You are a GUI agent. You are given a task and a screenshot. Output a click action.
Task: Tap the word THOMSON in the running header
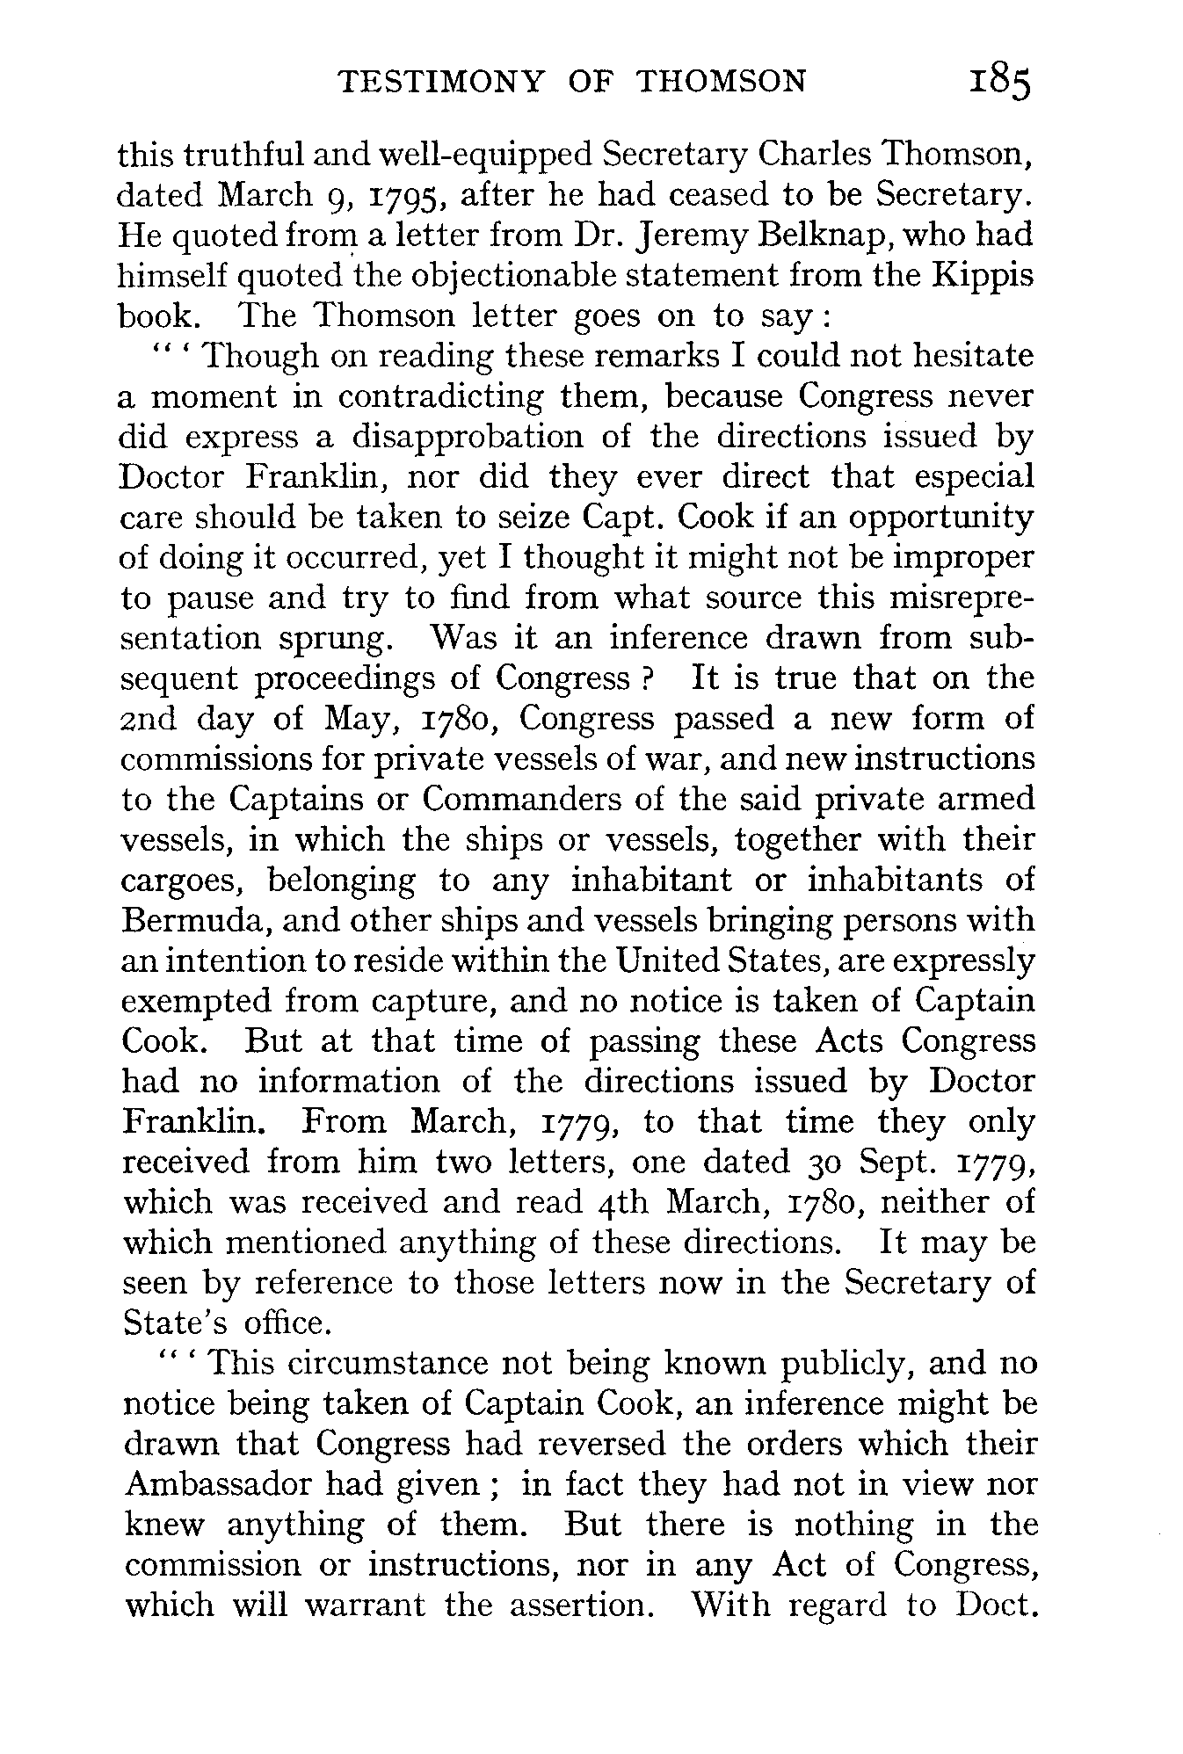click(720, 82)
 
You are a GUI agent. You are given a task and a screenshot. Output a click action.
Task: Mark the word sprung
click(336, 639)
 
